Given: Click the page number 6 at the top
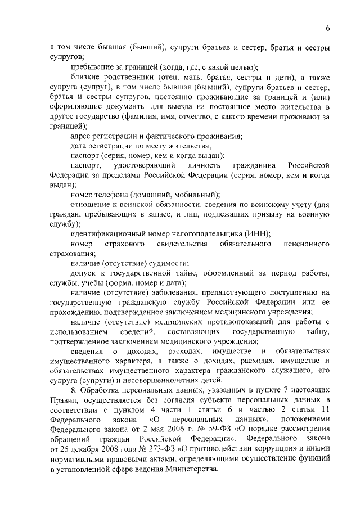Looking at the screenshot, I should [327, 29].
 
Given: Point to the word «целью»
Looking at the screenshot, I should [238, 66].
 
